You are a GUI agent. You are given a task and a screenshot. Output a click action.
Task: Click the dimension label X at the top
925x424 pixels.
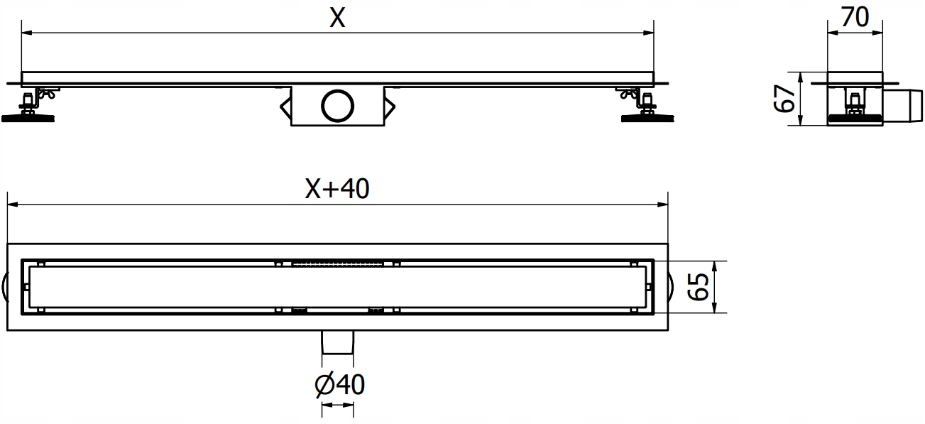[337, 18]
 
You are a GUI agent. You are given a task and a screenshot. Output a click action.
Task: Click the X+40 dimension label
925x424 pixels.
[337, 189]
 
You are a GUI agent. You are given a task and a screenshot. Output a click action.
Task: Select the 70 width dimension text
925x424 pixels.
[855, 18]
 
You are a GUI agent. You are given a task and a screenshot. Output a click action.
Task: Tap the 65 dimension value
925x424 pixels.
[699, 287]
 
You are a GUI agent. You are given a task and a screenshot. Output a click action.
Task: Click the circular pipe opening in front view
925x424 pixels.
[337, 105]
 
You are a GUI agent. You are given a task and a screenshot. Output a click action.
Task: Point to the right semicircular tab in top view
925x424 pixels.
[671, 287]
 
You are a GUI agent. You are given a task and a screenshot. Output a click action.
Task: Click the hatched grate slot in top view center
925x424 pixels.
[338, 263]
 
